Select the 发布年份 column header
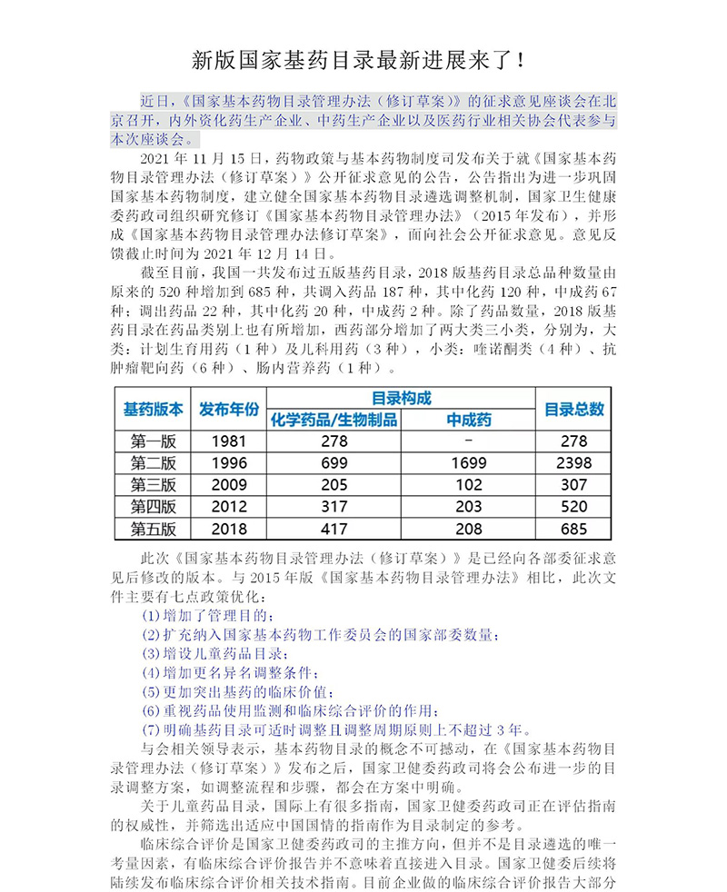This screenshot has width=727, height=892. click(229, 409)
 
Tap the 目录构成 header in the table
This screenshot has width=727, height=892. click(401, 398)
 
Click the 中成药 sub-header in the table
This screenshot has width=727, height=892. click(469, 420)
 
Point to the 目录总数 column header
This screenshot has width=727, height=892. click(574, 409)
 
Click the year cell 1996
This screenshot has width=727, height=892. click(229, 463)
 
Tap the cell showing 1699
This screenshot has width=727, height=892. click(469, 463)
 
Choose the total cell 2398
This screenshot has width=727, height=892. click(574, 463)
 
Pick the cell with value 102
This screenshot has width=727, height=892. click(469, 485)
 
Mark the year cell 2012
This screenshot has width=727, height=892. click(229, 507)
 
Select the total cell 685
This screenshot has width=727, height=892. click(574, 529)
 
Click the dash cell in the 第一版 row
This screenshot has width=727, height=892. click(469, 441)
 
